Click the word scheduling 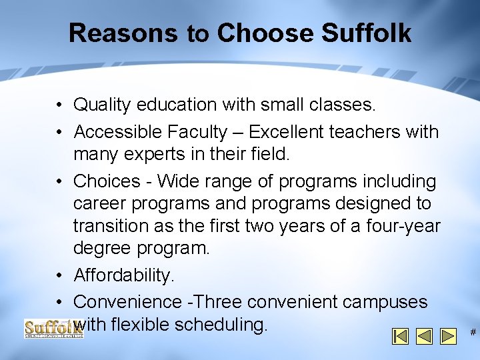point(223,325)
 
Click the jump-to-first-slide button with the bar point(400,335)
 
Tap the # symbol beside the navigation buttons point(473,331)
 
